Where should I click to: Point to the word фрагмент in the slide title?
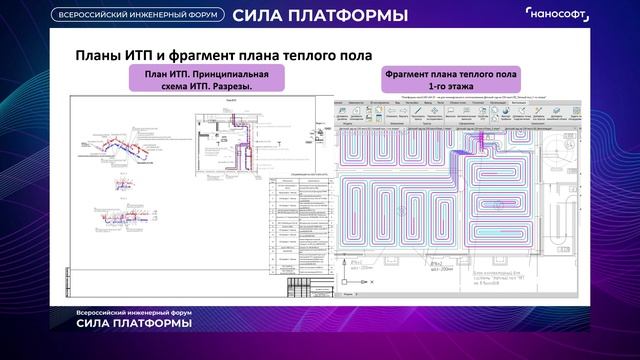(x=214, y=54)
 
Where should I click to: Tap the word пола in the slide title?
(x=352, y=54)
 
